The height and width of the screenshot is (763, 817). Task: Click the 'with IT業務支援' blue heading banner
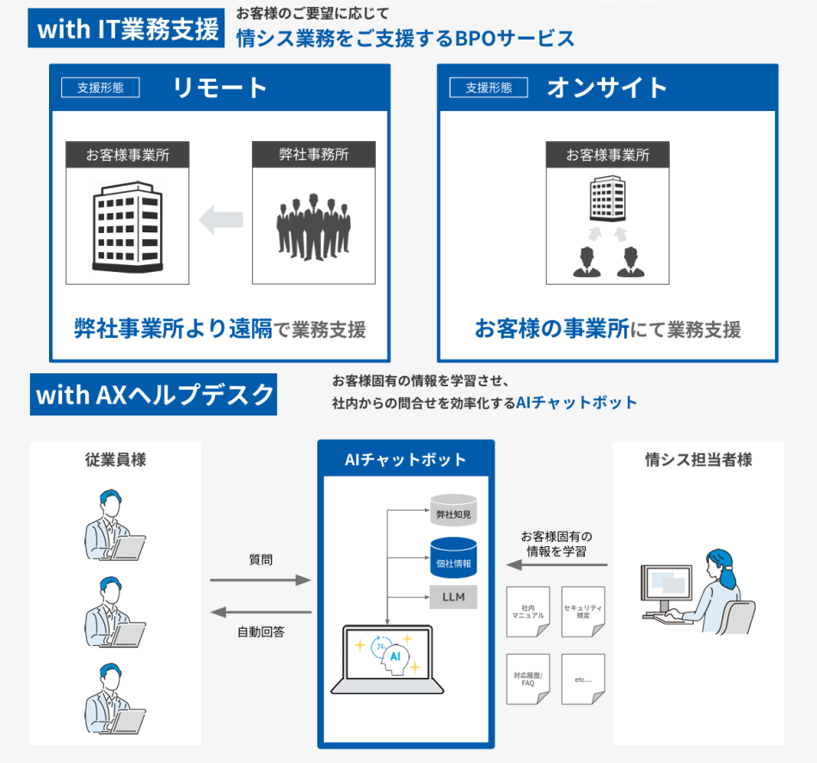pyautogui.click(x=128, y=28)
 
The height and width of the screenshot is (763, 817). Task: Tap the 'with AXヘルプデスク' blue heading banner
pyautogui.click(x=154, y=394)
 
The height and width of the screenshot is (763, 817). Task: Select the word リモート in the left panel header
pyautogui.click(x=220, y=88)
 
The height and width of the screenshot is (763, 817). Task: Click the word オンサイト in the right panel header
pyautogui.click(x=607, y=88)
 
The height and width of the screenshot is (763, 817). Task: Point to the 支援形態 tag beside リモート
pyautogui.click(x=101, y=88)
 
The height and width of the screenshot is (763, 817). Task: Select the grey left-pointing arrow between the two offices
pyautogui.click(x=221, y=220)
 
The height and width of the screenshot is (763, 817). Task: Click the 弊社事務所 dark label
pyautogui.click(x=313, y=155)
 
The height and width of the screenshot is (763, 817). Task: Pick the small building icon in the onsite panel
pyautogui.click(x=607, y=200)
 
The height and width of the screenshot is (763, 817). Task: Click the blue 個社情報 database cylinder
pyautogui.click(x=454, y=558)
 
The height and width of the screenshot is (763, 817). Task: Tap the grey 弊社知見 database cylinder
pyautogui.click(x=454, y=511)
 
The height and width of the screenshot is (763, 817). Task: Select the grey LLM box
pyautogui.click(x=454, y=597)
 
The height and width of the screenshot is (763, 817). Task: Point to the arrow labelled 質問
pyautogui.click(x=261, y=581)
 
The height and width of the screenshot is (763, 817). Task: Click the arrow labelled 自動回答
pyautogui.click(x=261, y=612)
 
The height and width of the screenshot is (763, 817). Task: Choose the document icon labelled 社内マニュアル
pyautogui.click(x=528, y=612)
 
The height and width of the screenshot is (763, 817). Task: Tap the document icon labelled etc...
pyautogui.click(x=583, y=679)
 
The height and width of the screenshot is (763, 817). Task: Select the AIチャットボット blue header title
pyautogui.click(x=406, y=459)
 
